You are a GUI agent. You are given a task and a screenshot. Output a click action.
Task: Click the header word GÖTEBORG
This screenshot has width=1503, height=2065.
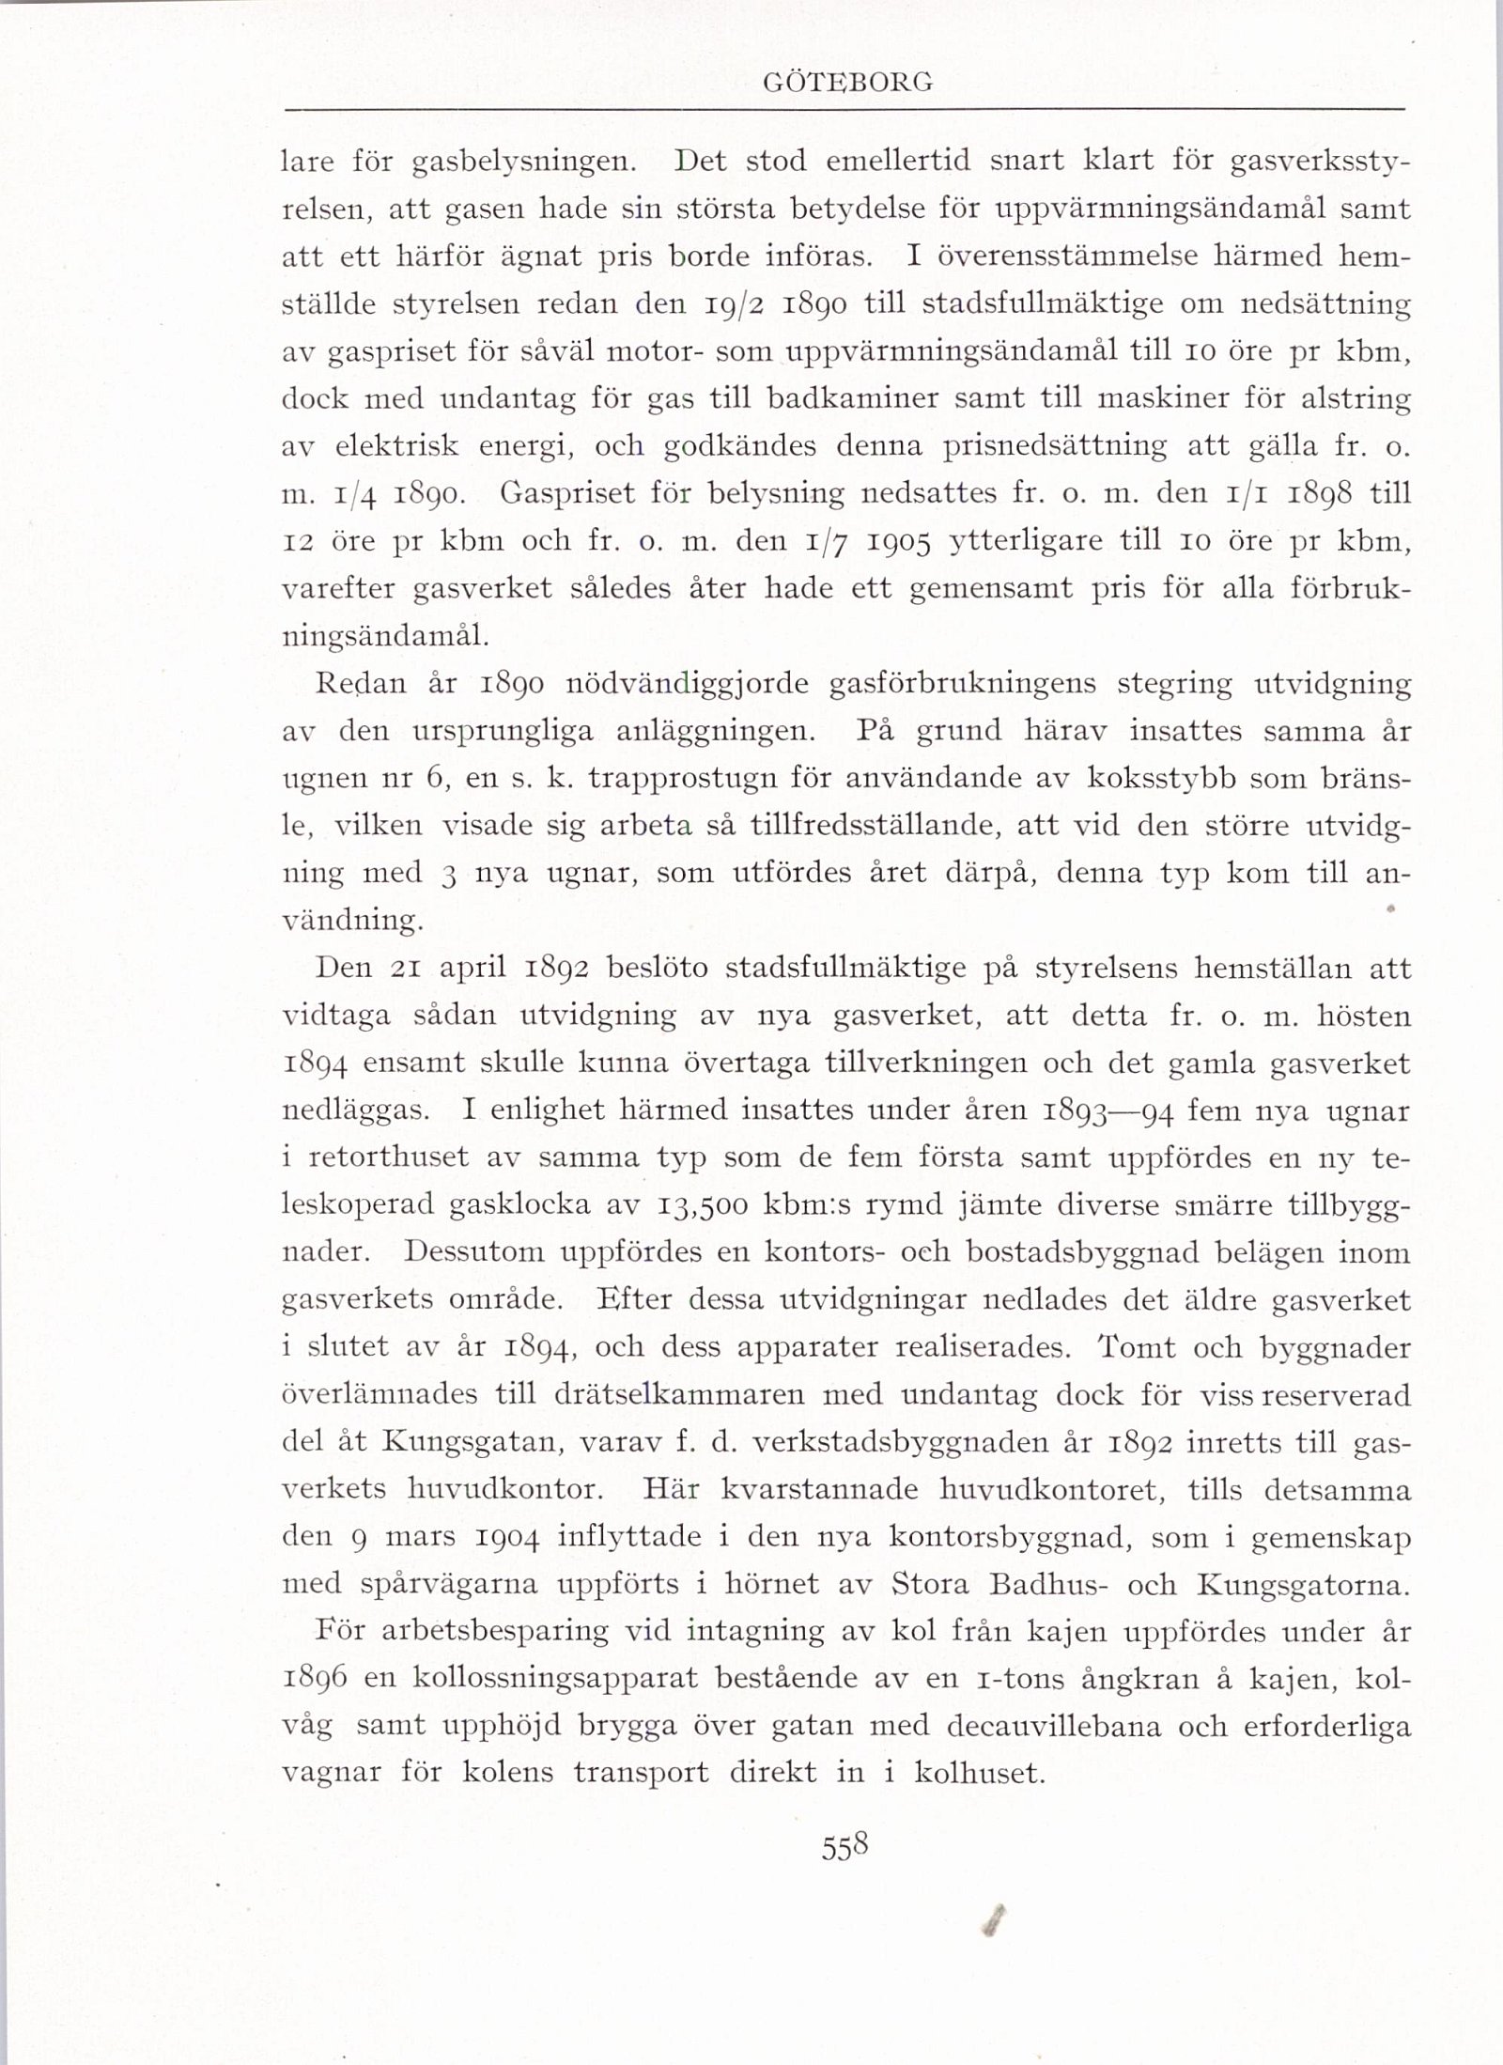(847, 83)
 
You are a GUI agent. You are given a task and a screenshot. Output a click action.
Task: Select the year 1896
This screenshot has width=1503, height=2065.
(315, 1680)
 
